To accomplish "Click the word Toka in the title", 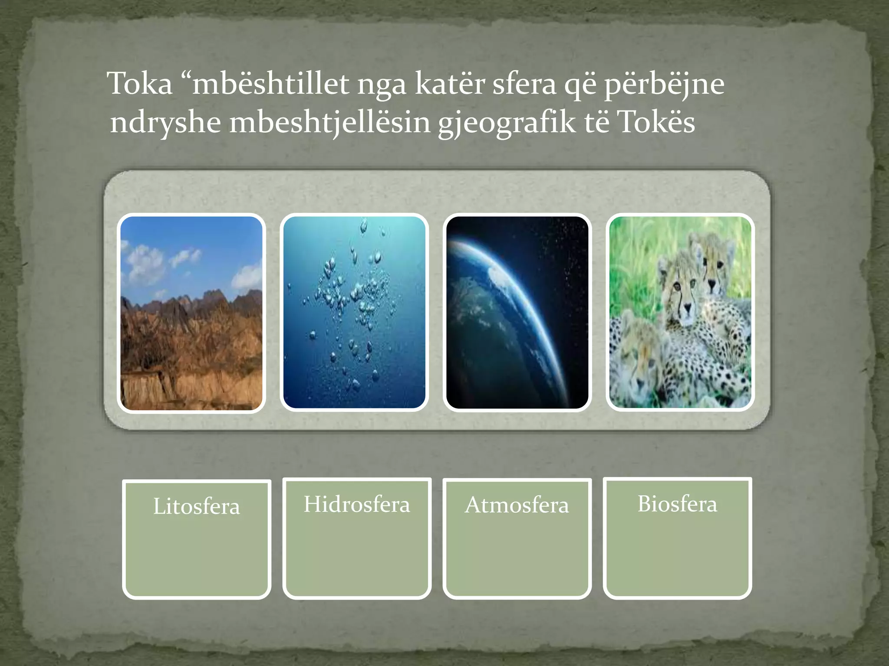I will pos(140,83).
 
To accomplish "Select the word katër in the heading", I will pos(450,83).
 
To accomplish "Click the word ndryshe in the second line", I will pos(165,123).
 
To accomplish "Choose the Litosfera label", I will pos(196,506).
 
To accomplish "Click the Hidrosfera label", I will pos(357,504).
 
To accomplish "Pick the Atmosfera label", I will pos(517,505).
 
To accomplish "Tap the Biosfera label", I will pos(677,504).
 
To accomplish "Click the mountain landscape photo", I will pos(191,313).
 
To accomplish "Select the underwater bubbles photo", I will pos(354,313).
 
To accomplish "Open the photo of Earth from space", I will pos(517,313).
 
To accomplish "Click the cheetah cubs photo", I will pos(680,313).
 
